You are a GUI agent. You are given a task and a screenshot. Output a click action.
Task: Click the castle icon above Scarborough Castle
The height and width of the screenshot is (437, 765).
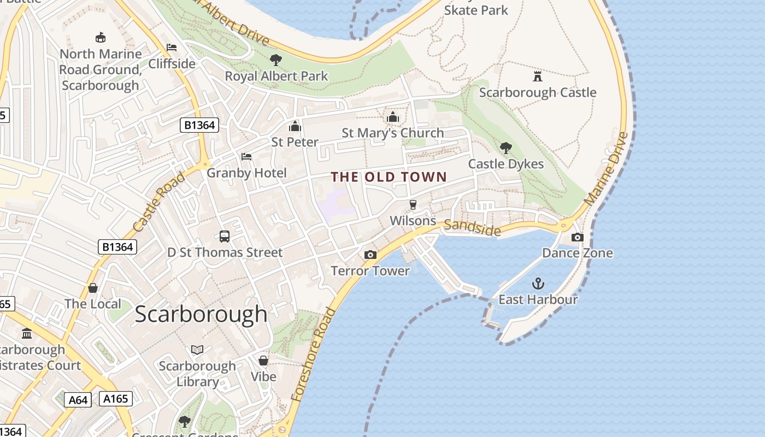click(x=538, y=76)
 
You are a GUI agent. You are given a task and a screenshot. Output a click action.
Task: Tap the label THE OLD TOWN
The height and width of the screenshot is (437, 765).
click(x=389, y=177)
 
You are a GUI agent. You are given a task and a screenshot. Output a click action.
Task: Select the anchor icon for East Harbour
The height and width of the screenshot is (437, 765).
click(x=538, y=284)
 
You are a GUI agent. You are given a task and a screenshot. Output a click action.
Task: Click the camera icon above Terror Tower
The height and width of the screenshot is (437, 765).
click(x=370, y=255)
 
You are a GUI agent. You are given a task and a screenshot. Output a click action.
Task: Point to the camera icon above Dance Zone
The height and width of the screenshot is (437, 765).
click(x=578, y=237)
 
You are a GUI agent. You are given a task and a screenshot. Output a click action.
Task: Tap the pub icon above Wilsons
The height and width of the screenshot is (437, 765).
click(x=413, y=205)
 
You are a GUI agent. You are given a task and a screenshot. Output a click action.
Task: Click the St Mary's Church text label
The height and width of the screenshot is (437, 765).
click(x=392, y=133)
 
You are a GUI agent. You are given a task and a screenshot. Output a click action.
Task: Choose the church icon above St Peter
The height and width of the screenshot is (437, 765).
click(x=295, y=126)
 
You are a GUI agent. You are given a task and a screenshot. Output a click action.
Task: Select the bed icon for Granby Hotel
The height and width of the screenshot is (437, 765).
click(x=246, y=157)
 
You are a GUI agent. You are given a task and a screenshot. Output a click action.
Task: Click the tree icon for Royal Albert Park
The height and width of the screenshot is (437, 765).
click(x=276, y=60)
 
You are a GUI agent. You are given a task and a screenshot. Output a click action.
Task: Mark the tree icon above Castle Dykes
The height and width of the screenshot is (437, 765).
click(x=506, y=147)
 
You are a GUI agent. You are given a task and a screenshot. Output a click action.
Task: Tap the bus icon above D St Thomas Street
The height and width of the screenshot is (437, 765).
click(x=225, y=237)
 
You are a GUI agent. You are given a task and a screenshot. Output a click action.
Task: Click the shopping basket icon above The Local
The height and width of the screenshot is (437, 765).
click(x=93, y=288)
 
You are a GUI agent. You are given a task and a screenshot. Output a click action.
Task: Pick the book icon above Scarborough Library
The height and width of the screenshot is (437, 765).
click(x=197, y=350)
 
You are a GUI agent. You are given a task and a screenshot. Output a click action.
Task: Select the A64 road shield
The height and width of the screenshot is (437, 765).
click(x=78, y=400)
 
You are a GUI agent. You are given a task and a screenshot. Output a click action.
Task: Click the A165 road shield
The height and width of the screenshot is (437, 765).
click(x=116, y=399)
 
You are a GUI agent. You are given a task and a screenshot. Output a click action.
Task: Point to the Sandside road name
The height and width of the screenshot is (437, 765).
click(x=472, y=228)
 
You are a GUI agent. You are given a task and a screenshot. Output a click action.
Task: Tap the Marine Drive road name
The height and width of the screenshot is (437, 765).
click(x=605, y=169)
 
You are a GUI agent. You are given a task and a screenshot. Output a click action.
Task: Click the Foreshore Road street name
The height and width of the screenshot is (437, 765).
click(x=314, y=355)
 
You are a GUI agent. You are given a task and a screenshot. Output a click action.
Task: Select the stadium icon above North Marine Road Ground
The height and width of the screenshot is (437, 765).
click(x=101, y=38)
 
